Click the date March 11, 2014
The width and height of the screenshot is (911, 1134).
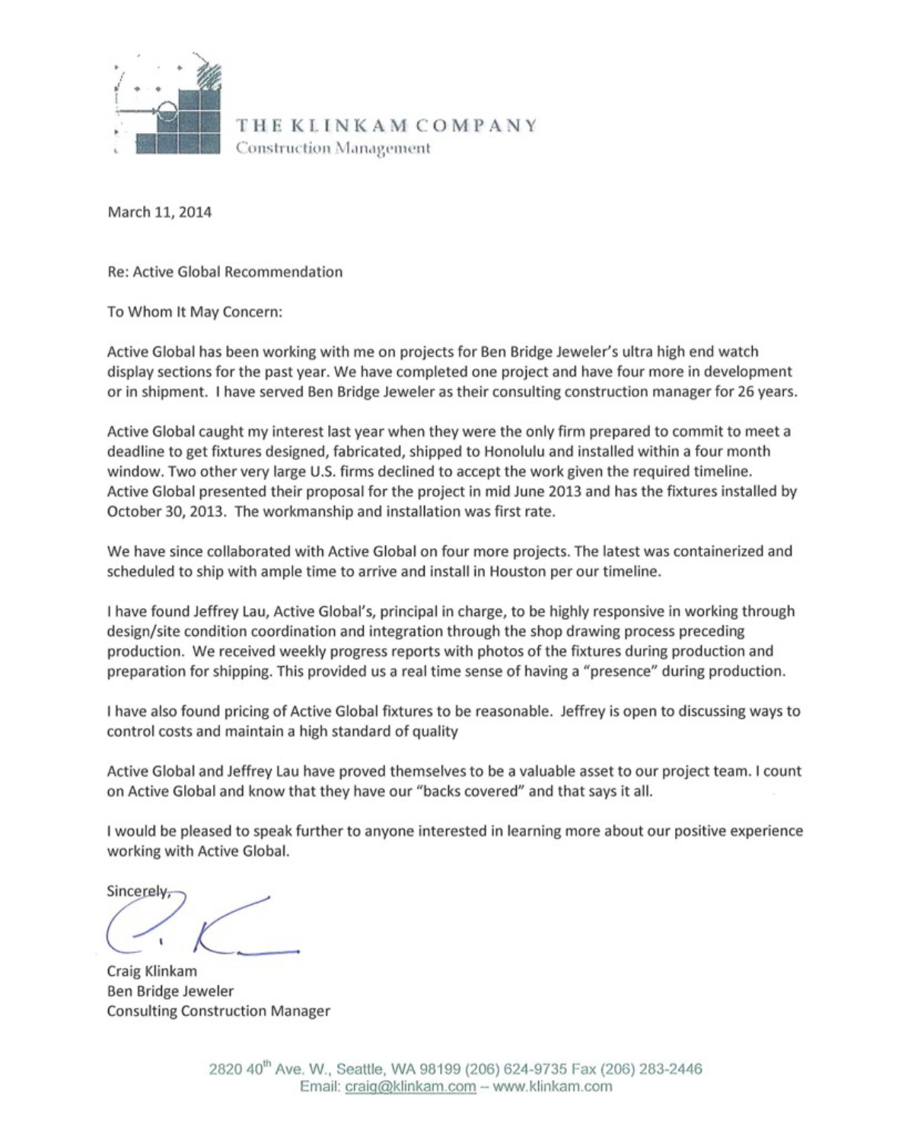pyautogui.click(x=159, y=212)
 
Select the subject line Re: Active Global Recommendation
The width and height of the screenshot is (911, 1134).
pyautogui.click(x=225, y=272)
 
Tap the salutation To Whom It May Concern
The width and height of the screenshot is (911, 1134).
pyautogui.click(x=194, y=312)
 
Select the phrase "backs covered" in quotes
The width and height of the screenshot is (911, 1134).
pyautogui.click(x=479, y=791)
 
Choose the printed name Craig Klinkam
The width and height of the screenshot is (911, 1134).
pyautogui.click(x=151, y=971)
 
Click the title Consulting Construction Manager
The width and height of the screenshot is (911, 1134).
pyautogui.click(x=218, y=1011)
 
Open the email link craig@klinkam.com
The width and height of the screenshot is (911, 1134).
pyautogui.click(x=410, y=1086)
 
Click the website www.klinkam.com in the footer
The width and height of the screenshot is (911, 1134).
pyautogui.click(x=553, y=1086)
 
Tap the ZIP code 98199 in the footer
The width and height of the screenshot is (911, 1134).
pyautogui.click(x=440, y=1069)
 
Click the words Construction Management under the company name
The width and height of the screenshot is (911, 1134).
pyautogui.click(x=333, y=148)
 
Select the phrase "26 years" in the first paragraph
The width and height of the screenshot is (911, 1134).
pyautogui.click(x=767, y=392)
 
